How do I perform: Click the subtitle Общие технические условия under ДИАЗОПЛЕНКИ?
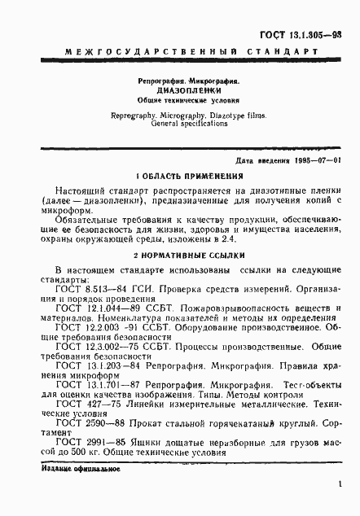(x=182, y=102)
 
